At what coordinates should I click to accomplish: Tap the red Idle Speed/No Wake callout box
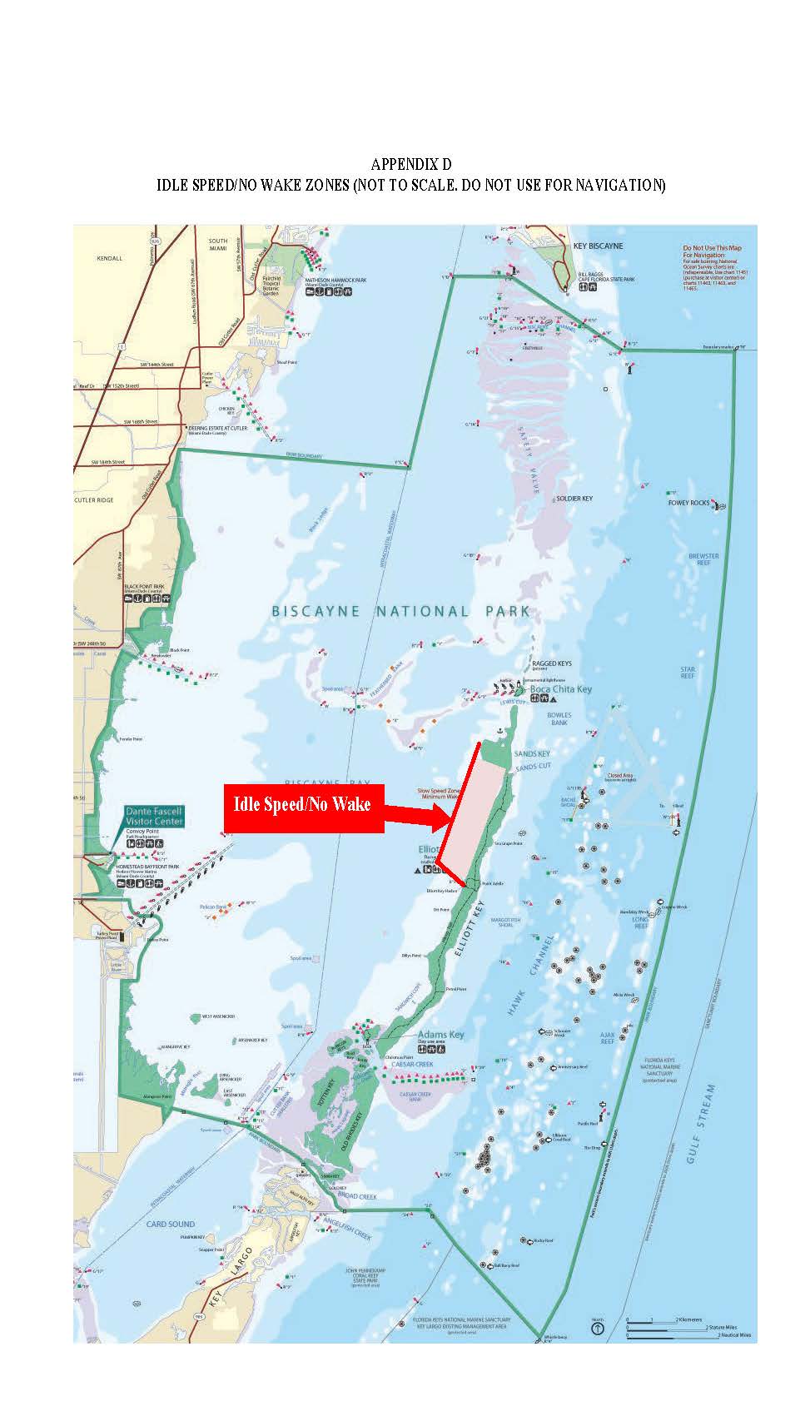(x=303, y=807)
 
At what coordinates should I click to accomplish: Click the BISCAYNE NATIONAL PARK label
(x=400, y=611)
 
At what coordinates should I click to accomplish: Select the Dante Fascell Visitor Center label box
(x=154, y=816)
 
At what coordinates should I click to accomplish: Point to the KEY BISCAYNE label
(x=598, y=246)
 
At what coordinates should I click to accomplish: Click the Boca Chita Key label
(x=560, y=689)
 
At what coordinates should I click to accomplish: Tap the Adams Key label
(x=440, y=1035)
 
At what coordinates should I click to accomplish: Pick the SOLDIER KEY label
(x=574, y=499)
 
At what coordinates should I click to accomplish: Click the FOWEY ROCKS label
(x=688, y=503)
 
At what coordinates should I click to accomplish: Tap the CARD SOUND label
(x=171, y=1225)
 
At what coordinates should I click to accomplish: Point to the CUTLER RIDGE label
(x=98, y=499)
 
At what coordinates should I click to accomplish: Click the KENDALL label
(x=109, y=258)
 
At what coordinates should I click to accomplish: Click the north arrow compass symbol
(x=597, y=1329)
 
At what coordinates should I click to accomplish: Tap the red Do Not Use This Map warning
(x=712, y=248)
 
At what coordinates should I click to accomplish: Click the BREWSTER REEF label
(x=703, y=559)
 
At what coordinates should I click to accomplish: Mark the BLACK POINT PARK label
(x=144, y=586)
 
